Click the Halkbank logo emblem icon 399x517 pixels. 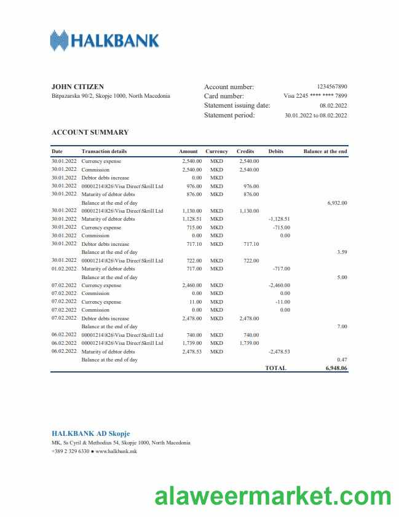click(x=59, y=41)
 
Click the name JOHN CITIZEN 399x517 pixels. click(x=77, y=87)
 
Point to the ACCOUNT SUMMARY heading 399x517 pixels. click(x=90, y=132)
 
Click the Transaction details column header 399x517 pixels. click(x=105, y=151)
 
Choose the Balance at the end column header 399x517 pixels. click(x=325, y=151)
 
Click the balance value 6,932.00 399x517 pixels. click(x=338, y=203)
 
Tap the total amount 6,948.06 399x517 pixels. click(x=336, y=368)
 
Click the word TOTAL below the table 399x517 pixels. click(x=275, y=368)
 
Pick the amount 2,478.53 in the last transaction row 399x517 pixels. click(x=192, y=352)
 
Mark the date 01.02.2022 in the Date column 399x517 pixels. click(x=64, y=269)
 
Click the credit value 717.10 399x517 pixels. click(x=251, y=244)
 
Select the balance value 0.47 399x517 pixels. click(x=342, y=360)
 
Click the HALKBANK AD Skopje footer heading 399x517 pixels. click(x=91, y=433)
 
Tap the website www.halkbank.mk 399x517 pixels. click(x=116, y=451)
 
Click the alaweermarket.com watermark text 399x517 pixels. click(x=269, y=495)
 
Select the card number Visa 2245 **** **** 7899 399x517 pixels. click(x=315, y=96)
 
